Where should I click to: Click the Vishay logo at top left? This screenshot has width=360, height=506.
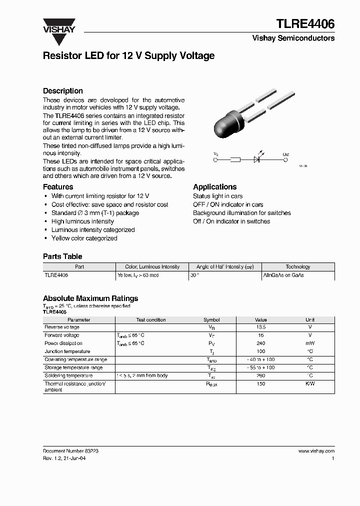pos(58,25)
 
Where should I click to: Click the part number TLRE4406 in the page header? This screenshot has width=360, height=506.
pos(305,23)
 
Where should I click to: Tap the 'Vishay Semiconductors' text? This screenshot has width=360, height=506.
pos(300,38)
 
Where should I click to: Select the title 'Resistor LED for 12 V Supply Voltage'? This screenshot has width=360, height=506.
pos(128,55)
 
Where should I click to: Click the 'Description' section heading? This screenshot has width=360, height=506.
pos(62,90)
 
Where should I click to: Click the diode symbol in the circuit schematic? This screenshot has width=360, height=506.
pos(257,160)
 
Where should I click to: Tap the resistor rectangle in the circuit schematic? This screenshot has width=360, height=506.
pos(235,160)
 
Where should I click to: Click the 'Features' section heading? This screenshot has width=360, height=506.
pos(58,186)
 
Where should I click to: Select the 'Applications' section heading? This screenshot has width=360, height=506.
pos(214,186)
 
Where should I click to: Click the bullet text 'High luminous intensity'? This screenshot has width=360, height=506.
pos(82,221)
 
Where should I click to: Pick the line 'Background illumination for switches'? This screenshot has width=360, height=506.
pos(241,213)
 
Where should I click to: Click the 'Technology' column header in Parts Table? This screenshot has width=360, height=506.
pos(297,267)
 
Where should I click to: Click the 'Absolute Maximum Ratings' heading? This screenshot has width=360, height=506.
pos(90,298)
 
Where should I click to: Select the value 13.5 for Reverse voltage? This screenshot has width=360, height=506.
pos(260,327)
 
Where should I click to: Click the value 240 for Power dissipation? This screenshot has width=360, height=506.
pos(260,343)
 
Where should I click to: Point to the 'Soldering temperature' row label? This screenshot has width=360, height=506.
pos(68,375)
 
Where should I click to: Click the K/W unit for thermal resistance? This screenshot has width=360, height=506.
pos(310,384)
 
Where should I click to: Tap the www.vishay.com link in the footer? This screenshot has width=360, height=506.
pos(316,451)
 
